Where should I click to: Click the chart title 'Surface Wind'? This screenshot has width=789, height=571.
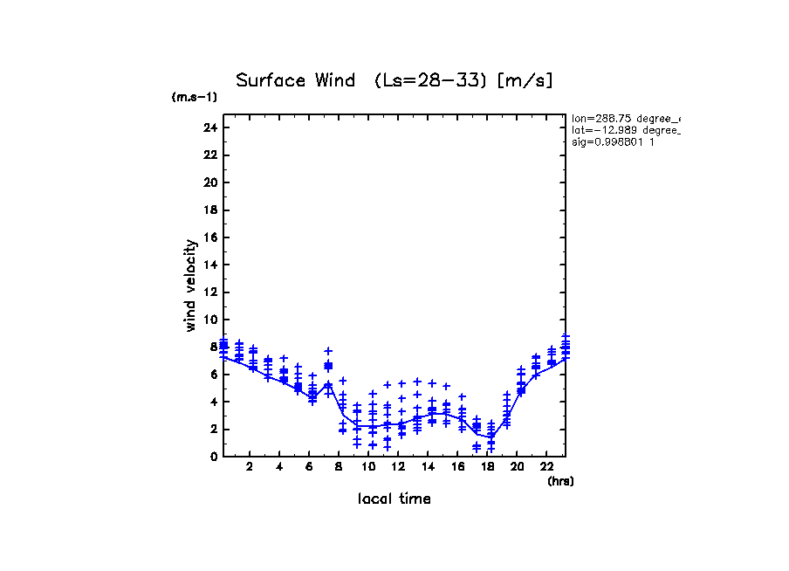click(x=296, y=81)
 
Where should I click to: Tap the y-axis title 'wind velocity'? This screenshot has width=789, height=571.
click(x=190, y=285)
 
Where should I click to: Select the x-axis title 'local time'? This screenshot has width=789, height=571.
click(x=394, y=499)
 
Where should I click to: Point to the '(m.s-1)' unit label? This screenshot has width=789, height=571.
click(x=195, y=98)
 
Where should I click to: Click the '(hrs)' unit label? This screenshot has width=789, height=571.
click(x=560, y=481)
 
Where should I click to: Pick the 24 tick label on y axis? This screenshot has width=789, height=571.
click(x=209, y=127)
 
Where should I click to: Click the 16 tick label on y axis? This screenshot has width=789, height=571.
click(x=209, y=237)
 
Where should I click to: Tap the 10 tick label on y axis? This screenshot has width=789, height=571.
click(x=209, y=320)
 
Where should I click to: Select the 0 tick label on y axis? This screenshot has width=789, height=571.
click(x=212, y=456)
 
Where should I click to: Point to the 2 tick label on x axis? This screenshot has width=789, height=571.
click(x=250, y=466)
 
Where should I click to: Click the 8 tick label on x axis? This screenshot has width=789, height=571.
click(x=339, y=466)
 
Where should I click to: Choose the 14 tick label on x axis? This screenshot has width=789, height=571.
click(x=428, y=466)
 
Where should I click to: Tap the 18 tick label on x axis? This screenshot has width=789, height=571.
click(x=487, y=466)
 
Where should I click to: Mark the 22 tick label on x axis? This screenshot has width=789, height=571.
click(x=545, y=466)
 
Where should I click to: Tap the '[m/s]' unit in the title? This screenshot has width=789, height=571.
click(x=525, y=81)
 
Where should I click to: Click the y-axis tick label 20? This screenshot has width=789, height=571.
click(x=209, y=182)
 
